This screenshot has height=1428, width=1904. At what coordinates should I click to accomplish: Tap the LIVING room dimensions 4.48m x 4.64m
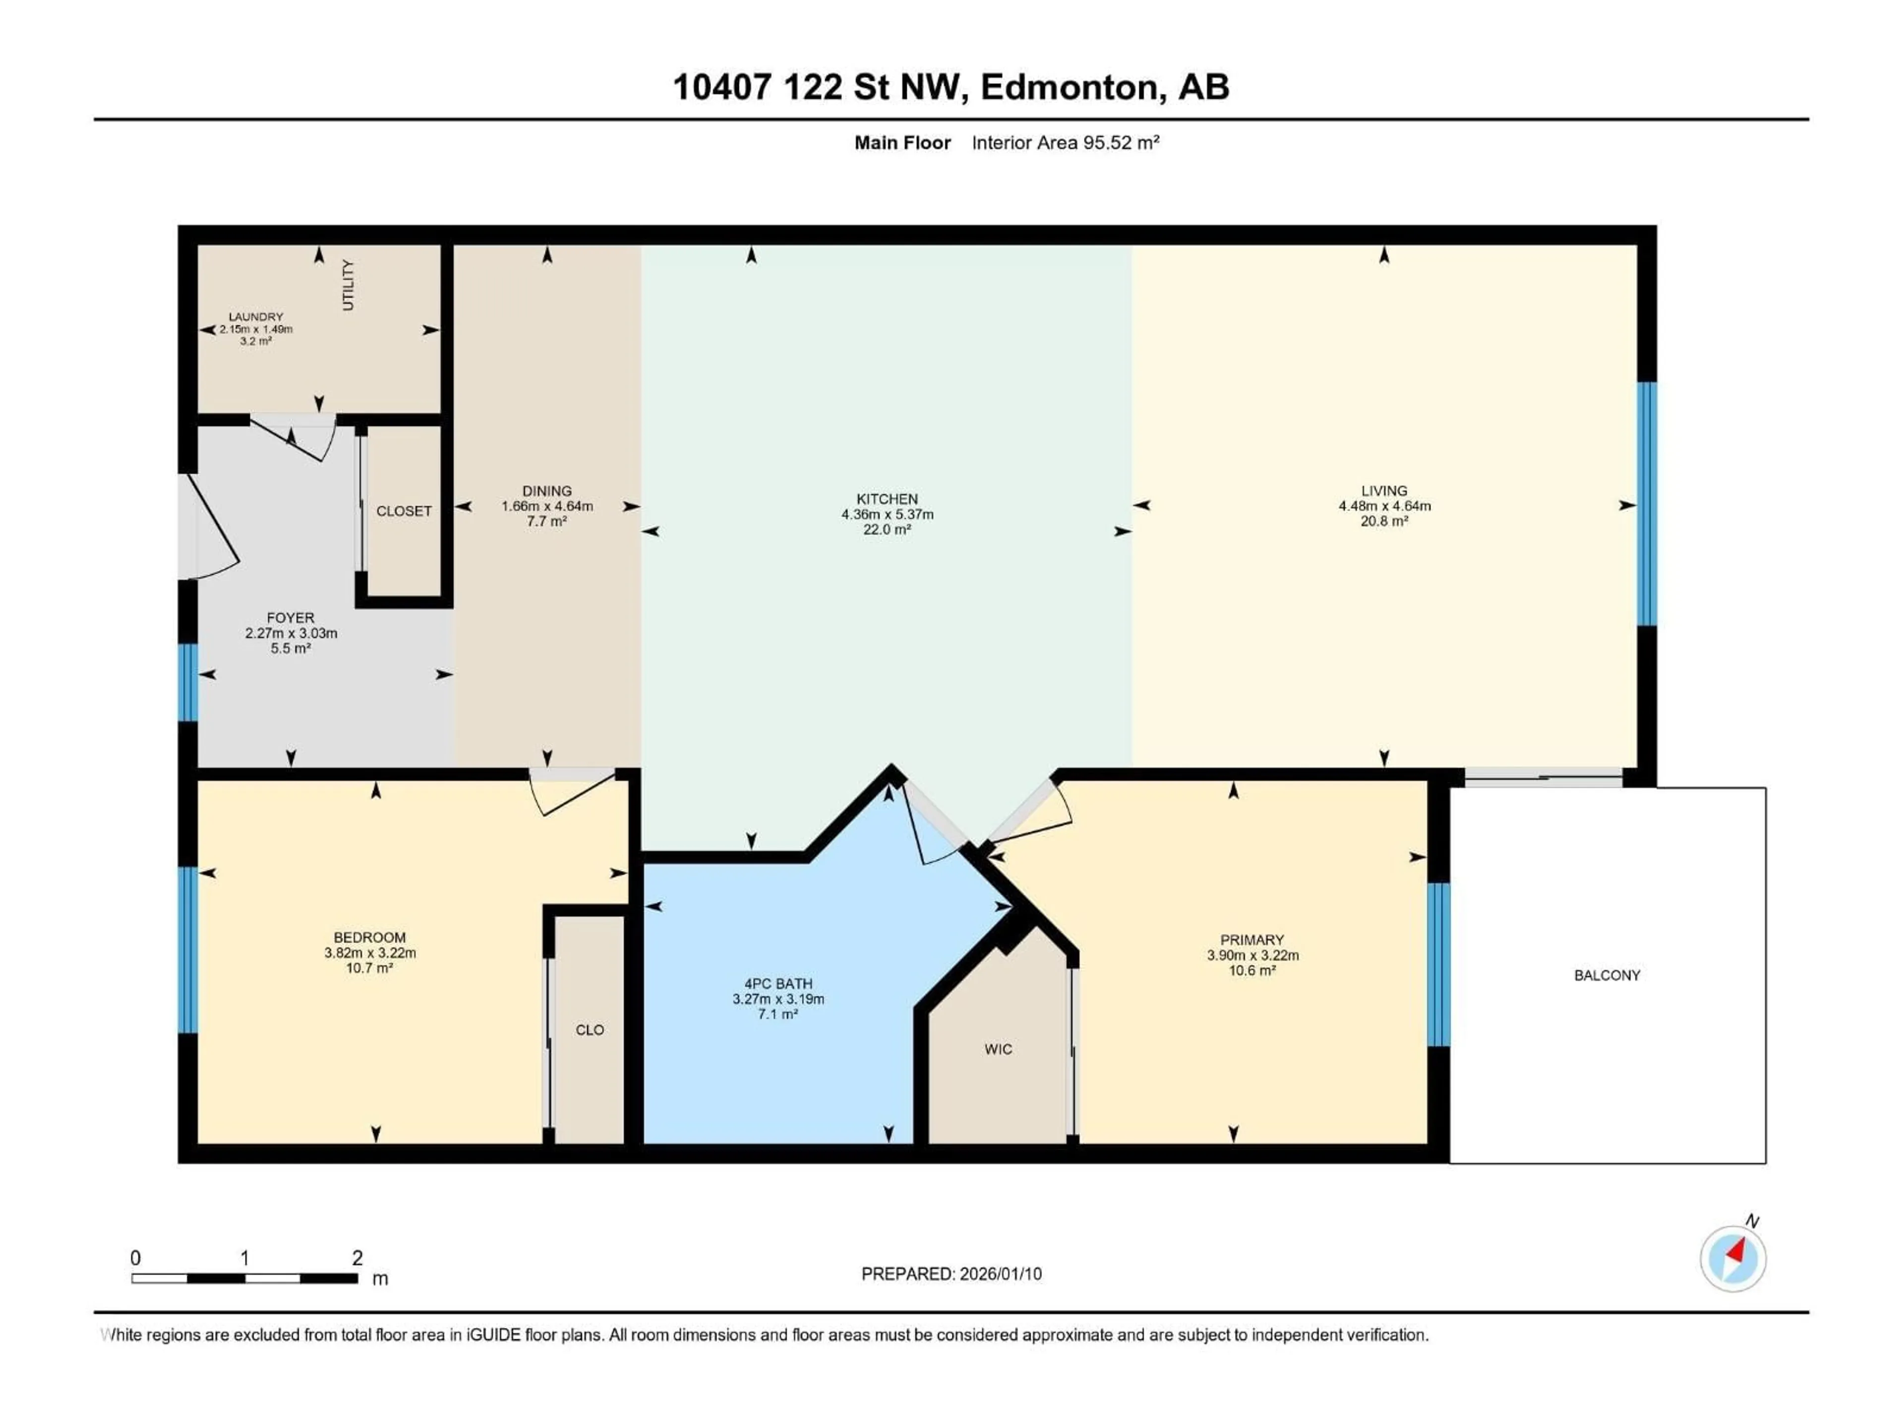[1384, 506]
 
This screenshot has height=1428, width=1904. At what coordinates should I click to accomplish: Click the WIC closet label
[999, 1049]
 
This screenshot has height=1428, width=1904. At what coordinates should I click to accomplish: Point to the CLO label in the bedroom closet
[590, 1029]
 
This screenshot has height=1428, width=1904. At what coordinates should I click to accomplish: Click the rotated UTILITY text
[348, 285]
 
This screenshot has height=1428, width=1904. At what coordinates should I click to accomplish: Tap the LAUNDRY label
[256, 317]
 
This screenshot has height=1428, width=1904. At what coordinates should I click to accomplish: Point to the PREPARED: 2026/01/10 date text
[951, 1274]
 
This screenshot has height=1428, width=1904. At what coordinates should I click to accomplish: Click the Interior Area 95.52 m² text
[1065, 143]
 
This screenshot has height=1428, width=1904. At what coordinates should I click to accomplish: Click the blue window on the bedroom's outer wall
[187, 950]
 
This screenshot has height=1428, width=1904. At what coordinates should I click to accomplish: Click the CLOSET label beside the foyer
[404, 511]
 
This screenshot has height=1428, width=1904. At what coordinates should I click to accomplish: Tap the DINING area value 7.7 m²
[546, 522]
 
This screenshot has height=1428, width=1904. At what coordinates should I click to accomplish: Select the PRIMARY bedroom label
[1251, 940]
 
